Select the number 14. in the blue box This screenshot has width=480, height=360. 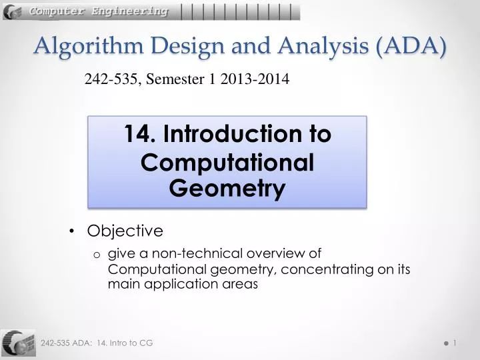coord(139,134)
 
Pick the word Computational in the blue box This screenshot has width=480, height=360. coord(227,163)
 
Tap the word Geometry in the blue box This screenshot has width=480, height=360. coord(227,189)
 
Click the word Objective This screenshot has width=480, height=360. coord(125,231)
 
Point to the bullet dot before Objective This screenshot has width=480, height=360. coord(72,231)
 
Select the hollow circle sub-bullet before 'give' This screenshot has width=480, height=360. coord(97,253)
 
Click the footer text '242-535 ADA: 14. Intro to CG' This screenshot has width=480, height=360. coord(97,342)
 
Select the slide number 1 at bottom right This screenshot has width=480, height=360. coord(455,342)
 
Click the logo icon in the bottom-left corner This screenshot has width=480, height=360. coord(18,343)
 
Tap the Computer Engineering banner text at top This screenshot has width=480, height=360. coord(98,11)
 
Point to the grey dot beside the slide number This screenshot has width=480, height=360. coord(444,343)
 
